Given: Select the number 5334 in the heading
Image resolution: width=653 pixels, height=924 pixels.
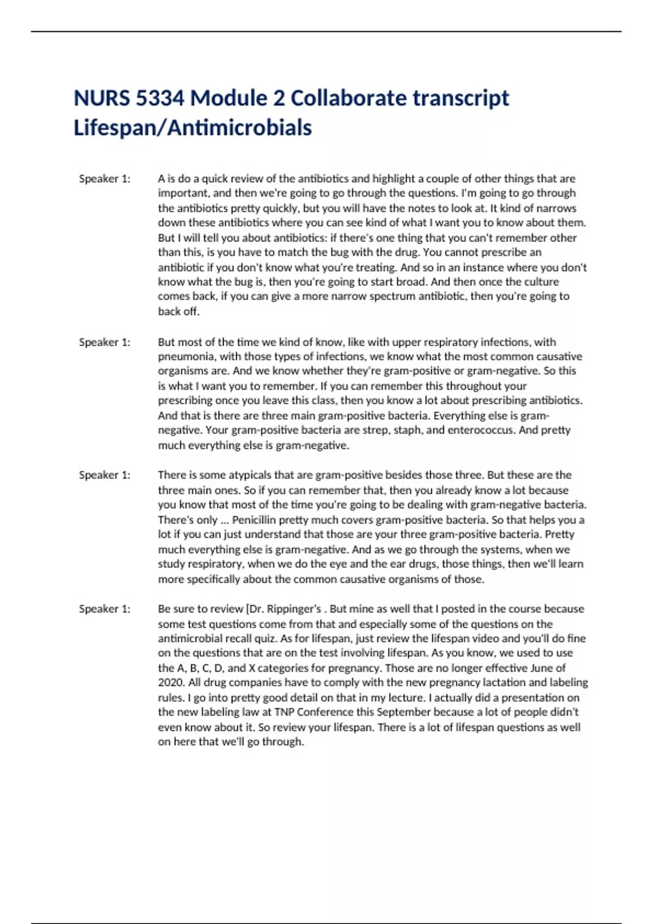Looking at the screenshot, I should coord(160,98).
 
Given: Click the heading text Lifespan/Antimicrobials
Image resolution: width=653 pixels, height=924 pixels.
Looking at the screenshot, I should coord(193,128).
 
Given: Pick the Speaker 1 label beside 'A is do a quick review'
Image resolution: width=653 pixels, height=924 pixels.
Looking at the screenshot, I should coord(104,179).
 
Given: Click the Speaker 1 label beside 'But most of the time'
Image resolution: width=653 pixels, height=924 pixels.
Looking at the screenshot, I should coord(104,342).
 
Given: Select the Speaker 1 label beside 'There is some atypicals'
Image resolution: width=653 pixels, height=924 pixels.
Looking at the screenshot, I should coord(104,475).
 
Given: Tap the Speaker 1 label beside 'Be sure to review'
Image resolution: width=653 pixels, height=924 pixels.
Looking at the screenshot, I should coord(104,609).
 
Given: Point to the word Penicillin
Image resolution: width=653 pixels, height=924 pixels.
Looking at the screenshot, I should coord(254,520).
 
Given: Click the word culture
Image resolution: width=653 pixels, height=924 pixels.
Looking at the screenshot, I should coord(540,282).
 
